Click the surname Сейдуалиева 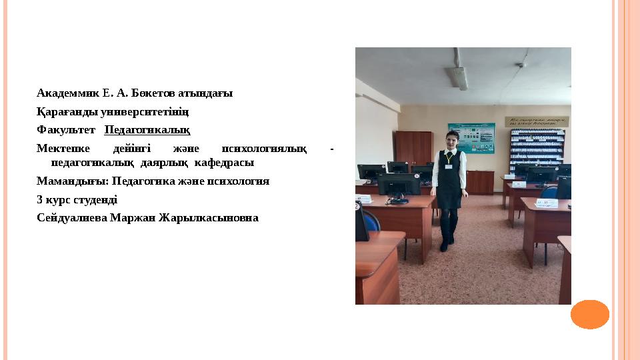click(72, 217)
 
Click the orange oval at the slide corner click(590, 315)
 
